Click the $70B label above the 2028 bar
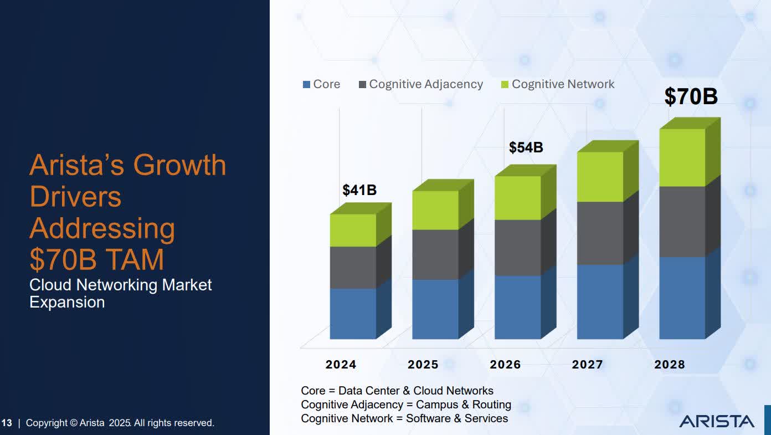[691, 96]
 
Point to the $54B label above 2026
[526, 147]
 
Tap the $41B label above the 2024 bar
[359, 190]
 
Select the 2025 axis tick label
[423, 365]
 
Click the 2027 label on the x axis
[587, 365]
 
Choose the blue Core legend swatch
[306, 85]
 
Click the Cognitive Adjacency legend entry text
[426, 84]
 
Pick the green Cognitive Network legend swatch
[505, 85]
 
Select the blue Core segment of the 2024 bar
[353, 313]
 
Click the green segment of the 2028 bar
[682, 157]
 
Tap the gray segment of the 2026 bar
[517, 247]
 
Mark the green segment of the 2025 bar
[435, 210]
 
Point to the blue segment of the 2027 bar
[600, 301]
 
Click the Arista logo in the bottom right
[717, 421]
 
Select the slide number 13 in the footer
[7, 423]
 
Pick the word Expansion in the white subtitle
[67, 302]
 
